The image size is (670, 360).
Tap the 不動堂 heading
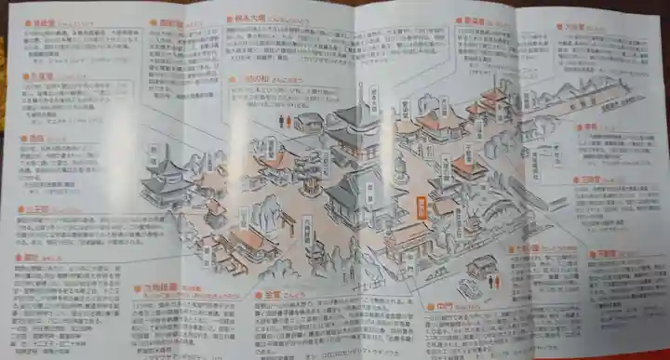pyautogui.click(x=604, y=252)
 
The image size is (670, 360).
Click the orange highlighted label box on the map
pyautogui.click(x=421, y=205)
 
